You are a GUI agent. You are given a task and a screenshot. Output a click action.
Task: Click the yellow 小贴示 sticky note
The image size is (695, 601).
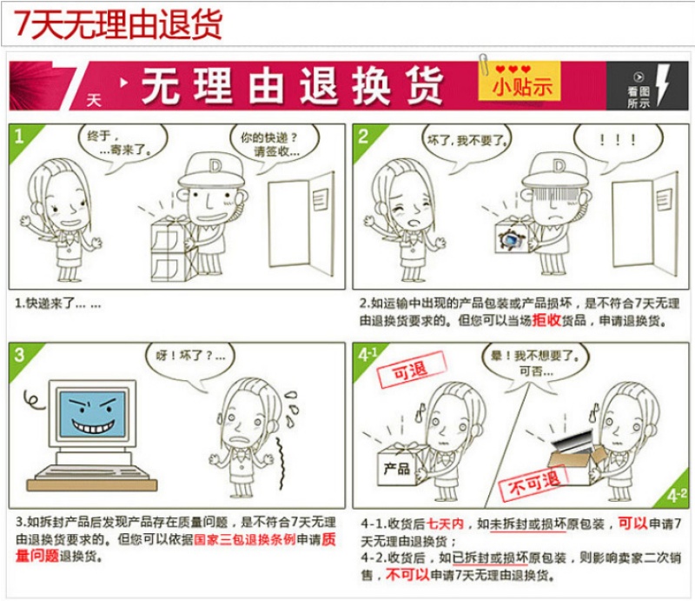point(519,81)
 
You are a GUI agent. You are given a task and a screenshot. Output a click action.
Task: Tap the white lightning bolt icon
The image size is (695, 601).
point(663,84)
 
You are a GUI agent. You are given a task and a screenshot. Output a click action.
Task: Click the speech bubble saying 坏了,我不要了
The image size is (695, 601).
point(466,145)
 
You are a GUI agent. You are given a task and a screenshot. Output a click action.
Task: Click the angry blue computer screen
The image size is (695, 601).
point(93,413)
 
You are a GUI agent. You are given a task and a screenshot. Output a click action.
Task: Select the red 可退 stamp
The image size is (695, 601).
point(411,370)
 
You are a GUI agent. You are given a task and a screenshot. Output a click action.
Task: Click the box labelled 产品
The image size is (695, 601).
point(398,466)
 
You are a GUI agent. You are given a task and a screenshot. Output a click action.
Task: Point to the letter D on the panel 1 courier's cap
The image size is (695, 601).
point(215,166)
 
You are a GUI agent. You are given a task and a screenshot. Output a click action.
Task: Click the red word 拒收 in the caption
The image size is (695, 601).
point(547,320)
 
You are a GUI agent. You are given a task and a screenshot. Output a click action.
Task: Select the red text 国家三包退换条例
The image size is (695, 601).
point(245,539)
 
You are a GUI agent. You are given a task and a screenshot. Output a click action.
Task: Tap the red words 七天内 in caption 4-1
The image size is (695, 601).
point(445,524)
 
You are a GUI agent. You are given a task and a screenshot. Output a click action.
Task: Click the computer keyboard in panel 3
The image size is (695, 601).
point(92,472)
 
